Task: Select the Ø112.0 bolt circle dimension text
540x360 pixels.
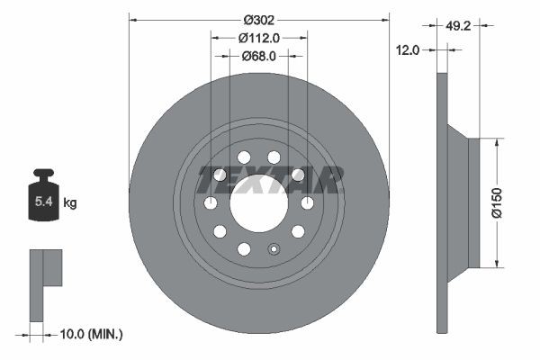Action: point(259,37)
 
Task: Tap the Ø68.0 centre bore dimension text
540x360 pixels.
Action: point(259,56)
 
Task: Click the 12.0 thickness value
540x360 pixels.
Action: point(408,50)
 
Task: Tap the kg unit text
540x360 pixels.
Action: point(70,203)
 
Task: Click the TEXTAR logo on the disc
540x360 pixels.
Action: point(270,180)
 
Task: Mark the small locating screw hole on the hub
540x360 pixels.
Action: point(274,249)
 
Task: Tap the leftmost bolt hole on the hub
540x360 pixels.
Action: point(211,202)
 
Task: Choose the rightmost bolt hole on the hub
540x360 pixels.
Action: point(307,202)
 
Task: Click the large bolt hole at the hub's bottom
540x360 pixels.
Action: point(244,248)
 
